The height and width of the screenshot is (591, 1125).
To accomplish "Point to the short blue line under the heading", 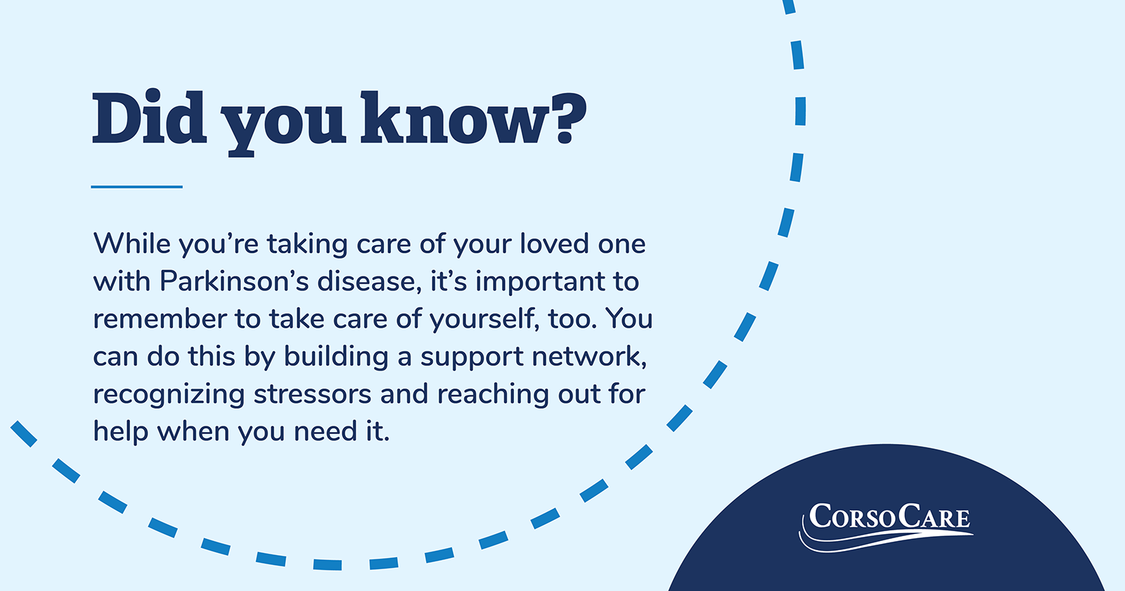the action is click(x=136, y=187).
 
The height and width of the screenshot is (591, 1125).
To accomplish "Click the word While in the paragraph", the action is click(x=132, y=243).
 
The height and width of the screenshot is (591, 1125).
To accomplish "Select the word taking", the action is click(x=307, y=245).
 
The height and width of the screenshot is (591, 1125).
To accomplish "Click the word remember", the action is click(x=160, y=319).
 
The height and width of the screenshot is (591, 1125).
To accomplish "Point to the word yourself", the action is click(x=484, y=319).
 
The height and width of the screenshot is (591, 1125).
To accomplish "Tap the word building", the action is click(x=336, y=357).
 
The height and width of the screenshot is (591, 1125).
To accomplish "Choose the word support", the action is click(x=472, y=359).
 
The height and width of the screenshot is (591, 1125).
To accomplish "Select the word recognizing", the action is click(x=169, y=395).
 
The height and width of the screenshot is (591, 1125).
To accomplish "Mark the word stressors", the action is click(x=312, y=395).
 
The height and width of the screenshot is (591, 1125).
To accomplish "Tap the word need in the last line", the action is click(x=322, y=432).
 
